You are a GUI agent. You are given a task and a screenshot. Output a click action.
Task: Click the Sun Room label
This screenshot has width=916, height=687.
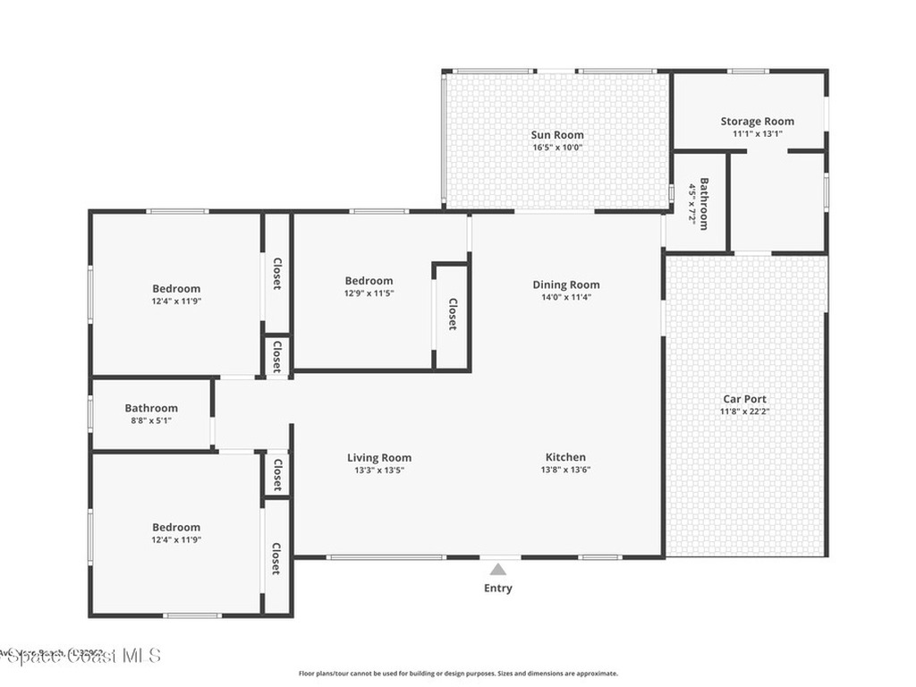point(557,135)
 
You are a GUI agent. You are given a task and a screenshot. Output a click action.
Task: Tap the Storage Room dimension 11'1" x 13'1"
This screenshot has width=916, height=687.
point(758,134)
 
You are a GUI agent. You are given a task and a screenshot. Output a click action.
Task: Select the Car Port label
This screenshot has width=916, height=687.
point(744,399)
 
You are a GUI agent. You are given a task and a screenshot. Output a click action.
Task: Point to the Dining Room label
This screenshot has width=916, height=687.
point(566,284)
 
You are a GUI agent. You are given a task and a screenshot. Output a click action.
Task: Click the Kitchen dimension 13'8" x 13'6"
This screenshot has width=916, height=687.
point(565,470)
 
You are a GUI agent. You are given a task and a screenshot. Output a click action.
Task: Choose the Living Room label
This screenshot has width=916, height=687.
point(379,458)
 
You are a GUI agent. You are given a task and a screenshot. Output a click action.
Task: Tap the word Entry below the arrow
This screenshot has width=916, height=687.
point(498,588)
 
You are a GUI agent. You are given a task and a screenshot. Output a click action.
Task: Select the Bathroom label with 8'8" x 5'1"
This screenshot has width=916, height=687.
point(151,408)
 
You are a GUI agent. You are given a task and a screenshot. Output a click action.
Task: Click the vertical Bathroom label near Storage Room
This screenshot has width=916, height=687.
point(704,205)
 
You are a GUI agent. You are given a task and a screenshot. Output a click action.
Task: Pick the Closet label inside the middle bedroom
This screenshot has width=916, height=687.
point(453,315)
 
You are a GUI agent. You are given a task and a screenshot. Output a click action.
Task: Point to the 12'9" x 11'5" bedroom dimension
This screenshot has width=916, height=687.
point(369,293)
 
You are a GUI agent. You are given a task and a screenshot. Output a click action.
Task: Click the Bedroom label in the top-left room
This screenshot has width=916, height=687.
point(176,288)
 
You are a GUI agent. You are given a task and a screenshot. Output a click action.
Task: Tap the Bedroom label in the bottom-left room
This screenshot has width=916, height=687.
point(176,527)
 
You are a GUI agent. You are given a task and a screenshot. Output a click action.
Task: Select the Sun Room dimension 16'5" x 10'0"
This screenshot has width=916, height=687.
point(557,148)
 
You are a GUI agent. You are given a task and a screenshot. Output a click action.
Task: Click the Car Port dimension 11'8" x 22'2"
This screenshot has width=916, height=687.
point(744,411)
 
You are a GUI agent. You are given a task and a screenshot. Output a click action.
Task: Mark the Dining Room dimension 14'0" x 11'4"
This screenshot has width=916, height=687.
point(566,297)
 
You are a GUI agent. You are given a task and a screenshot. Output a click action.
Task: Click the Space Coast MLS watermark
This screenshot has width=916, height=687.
point(81,656)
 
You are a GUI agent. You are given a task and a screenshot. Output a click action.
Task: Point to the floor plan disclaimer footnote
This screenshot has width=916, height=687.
point(457,674)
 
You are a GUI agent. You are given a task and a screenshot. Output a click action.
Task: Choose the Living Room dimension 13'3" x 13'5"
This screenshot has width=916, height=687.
point(379,470)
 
